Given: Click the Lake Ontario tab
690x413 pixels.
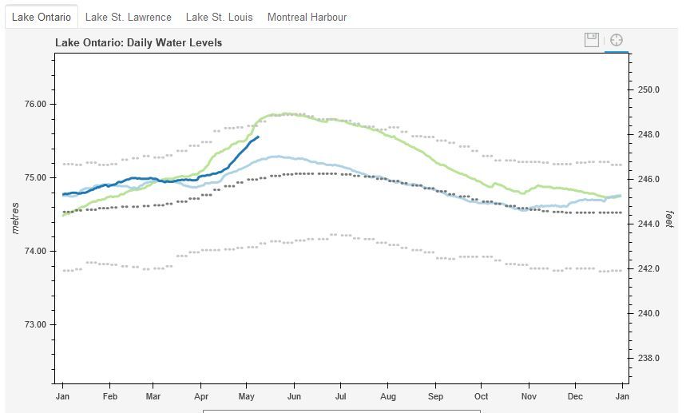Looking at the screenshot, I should [x=41, y=17].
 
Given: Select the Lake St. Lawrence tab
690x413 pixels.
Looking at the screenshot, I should [x=128, y=17].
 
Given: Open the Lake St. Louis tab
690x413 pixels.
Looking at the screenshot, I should [x=219, y=17].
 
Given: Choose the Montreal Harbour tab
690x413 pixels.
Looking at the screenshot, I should [x=307, y=17].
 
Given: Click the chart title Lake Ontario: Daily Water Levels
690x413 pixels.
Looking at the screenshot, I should [x=138, y=42].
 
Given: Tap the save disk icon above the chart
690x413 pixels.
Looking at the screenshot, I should [x=592, y=40].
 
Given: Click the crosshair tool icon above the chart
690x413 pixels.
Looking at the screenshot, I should [x=617, y=40].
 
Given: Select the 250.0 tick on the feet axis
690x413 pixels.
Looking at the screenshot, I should [x=648, y=89].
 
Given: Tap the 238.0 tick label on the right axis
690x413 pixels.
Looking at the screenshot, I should [x=648, y=358].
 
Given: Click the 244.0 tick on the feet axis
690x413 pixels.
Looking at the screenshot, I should [x=648, y=224].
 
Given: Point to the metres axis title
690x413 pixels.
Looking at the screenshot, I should [x=16, y=217].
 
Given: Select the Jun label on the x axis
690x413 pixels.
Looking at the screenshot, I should [x=294, y=396].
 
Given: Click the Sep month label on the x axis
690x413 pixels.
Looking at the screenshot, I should [x=435, y=396].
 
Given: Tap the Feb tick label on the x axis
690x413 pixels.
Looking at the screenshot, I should [x=110, y=396].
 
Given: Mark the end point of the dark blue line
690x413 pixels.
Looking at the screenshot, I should [x=258, y=137].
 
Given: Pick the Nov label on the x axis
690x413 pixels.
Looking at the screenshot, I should [x=529, y=396].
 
